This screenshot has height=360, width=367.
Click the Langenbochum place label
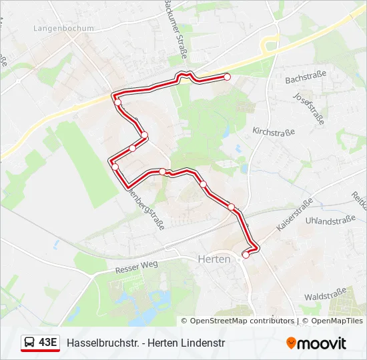click(x=63, y=29)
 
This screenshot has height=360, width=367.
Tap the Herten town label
click(x=214, y=259)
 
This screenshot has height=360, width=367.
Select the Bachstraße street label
click(x=305, y=79)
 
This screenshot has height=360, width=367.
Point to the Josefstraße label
click(x=308, y=108)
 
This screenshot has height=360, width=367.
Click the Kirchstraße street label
click(x=274, y=131)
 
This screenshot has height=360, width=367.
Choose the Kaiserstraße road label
click(x=294, y=215)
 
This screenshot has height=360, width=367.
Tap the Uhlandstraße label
click(x=330, y=220)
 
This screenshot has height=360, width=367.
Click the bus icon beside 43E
click(x=29, y=343)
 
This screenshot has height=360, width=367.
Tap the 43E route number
click(x=47, y=343)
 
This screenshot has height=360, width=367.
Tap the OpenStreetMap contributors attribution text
click(x=242, y=321)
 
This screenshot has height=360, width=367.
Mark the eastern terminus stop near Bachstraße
click(x=227, y=77)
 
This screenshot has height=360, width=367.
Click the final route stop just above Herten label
click(x=246, y=255)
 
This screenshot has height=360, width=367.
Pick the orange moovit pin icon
click(x=292, y=343)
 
